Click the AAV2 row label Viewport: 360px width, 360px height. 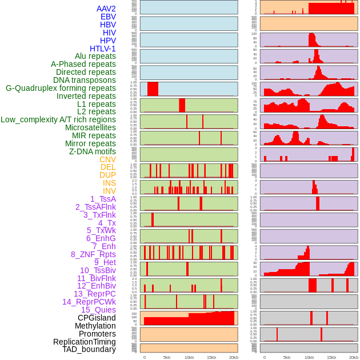pos(106,9)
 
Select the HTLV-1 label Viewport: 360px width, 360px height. pos(102,49)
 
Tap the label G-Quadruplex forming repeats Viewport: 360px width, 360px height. pos(61,88)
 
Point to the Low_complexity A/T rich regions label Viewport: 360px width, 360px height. pos(58,119)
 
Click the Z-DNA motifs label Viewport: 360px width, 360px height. pos(92,151)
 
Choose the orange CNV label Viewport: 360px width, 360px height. pos(107,159)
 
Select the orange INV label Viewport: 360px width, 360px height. pos(109,191)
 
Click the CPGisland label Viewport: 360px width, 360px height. pos(97,318)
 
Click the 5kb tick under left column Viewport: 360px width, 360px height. pos(167,357)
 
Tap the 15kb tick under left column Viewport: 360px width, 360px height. pos(211,357)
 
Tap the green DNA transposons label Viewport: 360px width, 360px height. pos(85,80)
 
